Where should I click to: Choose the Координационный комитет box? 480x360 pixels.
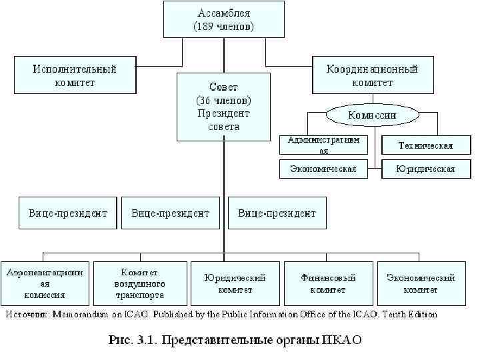pyautogui.click(x=372, y=75)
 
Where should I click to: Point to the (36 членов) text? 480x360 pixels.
pyautogui.click(x=223, y=100)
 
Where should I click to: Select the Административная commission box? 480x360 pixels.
pyautogui.click(x=323, y=145)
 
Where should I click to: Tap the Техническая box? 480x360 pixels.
pyautogui.click(x=425, y=145)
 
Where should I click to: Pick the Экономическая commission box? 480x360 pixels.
pyautogui.click(x=323, y=169)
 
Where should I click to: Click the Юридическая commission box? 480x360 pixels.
pyautogui.click(x=425, y=169)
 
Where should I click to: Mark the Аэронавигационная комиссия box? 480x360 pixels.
pyautogui.click(x=45, y=283)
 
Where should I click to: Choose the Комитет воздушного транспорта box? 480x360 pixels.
pyautogui.click(x=139, y=283)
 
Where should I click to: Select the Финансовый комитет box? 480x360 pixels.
pyautogui.click(x=327, y=283)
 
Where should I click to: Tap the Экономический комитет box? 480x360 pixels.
pyautogui.click(x=421, y=283)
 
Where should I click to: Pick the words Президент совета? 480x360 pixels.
pyautogui.click(x=223, y=120)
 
